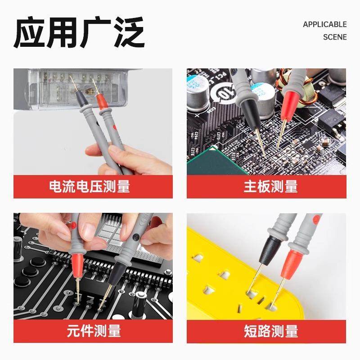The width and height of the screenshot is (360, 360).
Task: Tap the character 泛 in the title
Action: point(128,32)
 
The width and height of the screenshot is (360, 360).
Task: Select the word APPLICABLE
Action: point(324,24)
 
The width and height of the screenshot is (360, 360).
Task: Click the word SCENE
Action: point(335,37)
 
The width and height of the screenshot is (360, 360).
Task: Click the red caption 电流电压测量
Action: point(93,186)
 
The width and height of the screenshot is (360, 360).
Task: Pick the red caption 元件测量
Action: point(93,331)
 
